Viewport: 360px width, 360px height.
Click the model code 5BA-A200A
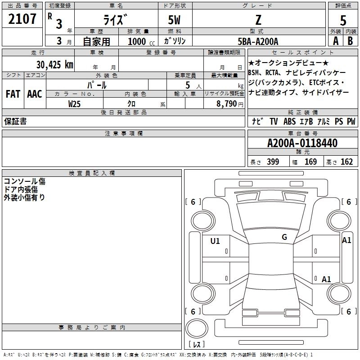coord(258,41)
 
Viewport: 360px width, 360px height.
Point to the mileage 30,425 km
coord(52,64)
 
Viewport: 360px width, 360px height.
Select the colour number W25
coord(75,103)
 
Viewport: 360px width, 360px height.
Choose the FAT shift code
coord(13,94)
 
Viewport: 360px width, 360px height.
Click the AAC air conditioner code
coord(34,94)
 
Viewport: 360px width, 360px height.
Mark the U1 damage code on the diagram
coord(215,241)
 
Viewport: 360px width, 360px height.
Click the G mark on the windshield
coord(284,237)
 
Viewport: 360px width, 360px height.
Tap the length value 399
coord(273,162)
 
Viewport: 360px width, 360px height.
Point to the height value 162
coord(346,162)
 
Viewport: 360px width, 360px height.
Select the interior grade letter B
coord(350,40)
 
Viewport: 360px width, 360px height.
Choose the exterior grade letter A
coord(335,40)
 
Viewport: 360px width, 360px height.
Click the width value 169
coord(310,162)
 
